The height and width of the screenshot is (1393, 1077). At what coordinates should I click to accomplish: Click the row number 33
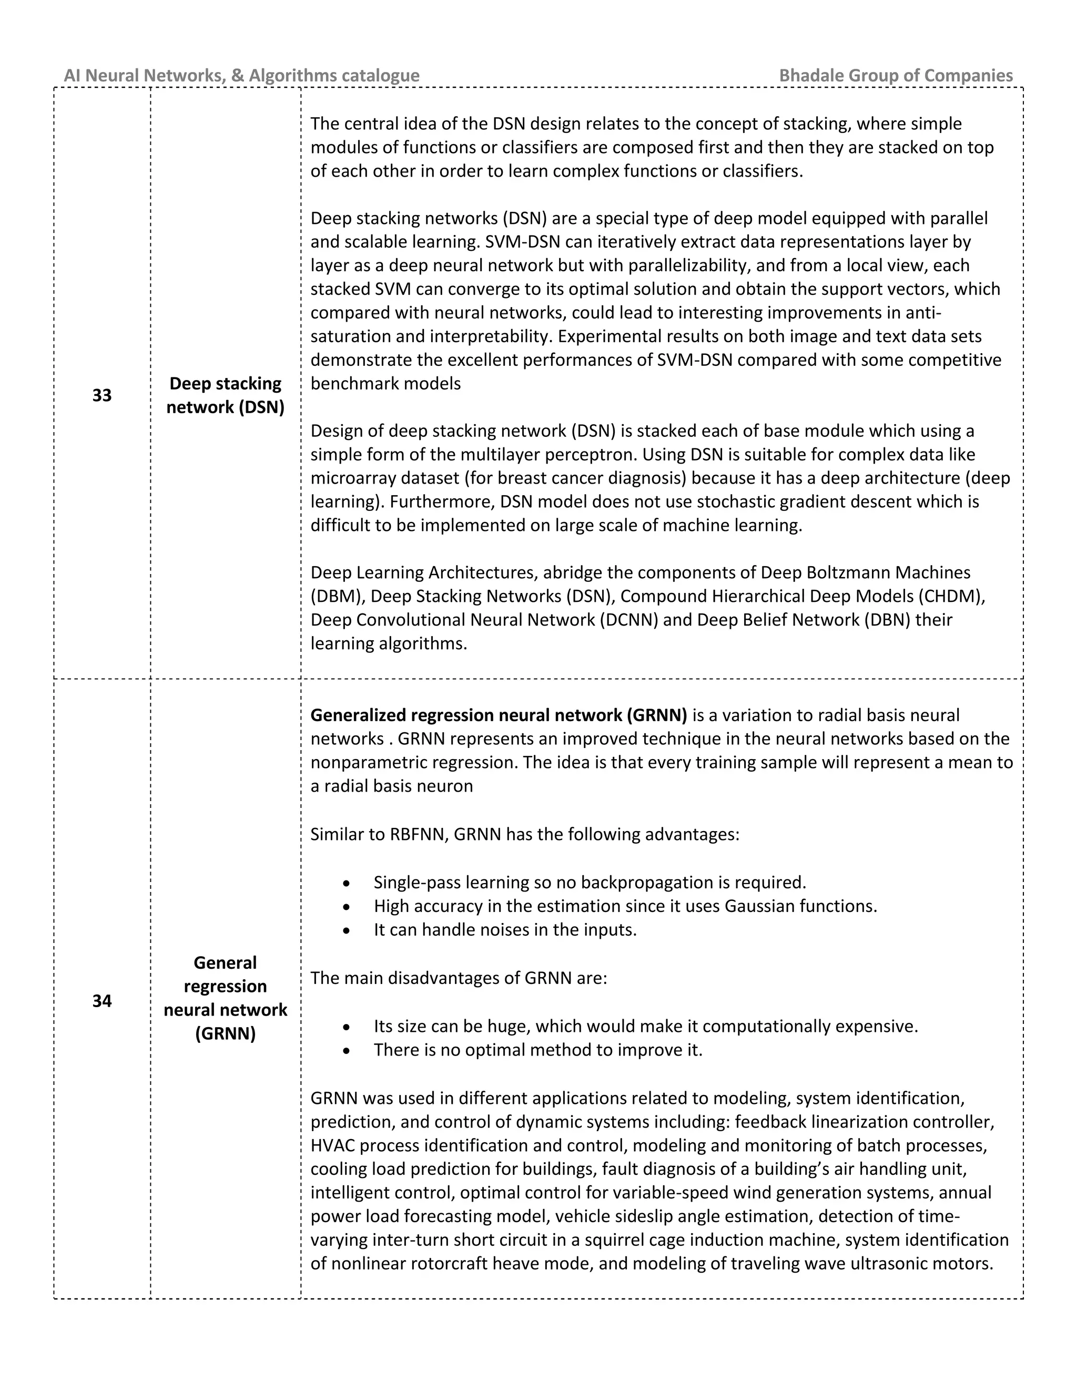pos(102,395)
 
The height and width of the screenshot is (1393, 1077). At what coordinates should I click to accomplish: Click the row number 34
pos(102,1001)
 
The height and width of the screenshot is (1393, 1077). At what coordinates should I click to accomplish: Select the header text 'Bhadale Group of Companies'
pos(895,75)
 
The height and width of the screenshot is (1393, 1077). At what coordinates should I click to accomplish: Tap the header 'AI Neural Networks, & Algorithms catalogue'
pos(242,75)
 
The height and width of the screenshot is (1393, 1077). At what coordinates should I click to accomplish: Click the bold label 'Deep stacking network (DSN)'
pos(225,395)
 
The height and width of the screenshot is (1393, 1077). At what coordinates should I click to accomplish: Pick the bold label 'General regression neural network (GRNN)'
pos(225,998)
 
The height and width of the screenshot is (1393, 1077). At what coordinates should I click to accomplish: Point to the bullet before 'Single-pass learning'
pos(346,884)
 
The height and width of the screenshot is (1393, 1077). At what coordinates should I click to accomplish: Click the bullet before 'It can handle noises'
pos(346,930)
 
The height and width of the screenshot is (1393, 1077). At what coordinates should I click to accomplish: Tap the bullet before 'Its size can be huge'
pos(346,1028)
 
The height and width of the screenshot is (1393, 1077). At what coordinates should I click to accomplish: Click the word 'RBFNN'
pos(416,834)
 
